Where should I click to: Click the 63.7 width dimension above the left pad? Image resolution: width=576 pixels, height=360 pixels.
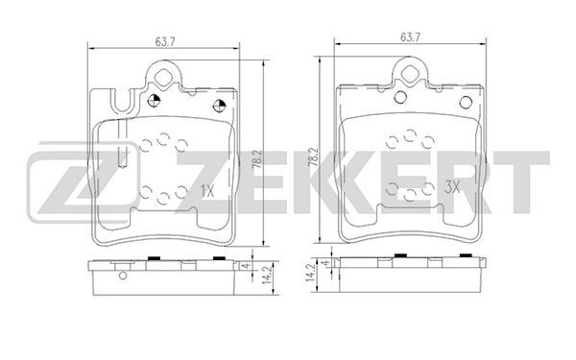(165, 41)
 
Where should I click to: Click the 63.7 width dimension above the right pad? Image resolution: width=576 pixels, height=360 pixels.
(410, 37)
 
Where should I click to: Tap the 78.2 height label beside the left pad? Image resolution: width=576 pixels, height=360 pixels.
(256, 159)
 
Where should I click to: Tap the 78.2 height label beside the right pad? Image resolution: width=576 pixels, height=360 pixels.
(313, 157)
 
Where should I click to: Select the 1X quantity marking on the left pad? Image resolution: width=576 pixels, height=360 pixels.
(207, 191)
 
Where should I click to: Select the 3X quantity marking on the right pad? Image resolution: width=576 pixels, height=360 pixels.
(452, 188)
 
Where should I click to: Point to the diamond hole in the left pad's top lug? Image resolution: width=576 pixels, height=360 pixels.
(162, 78)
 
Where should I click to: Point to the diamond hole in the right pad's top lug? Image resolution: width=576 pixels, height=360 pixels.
(410, 74)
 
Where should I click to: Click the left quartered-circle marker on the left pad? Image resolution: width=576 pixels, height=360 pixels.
(154, 100)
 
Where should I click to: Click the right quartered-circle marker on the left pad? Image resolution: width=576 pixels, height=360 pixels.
(219, 106)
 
